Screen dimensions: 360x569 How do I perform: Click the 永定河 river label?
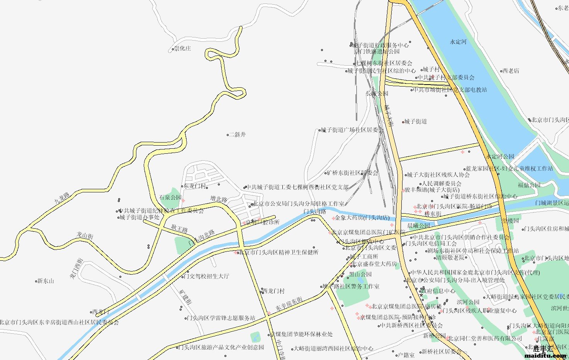458,42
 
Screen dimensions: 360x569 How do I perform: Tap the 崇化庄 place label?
182,49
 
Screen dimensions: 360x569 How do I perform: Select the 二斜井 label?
237,135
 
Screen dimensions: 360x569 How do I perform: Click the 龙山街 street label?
85,235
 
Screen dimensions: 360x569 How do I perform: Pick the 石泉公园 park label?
170,197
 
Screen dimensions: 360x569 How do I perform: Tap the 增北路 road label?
219,199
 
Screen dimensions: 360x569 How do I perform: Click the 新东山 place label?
46,281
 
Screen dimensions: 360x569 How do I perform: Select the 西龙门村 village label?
273,291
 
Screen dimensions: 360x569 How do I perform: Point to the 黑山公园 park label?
360,274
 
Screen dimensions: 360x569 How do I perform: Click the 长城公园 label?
377,93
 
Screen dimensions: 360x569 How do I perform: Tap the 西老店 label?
511,71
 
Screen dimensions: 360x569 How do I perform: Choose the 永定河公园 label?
500,156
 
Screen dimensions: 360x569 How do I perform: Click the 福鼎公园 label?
529,185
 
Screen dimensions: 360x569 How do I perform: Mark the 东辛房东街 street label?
289,305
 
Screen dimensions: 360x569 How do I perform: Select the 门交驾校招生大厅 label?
206,276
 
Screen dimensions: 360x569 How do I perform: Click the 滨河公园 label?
468,302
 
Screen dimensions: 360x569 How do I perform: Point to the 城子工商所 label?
364,256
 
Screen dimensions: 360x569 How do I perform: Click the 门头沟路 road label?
315,211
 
